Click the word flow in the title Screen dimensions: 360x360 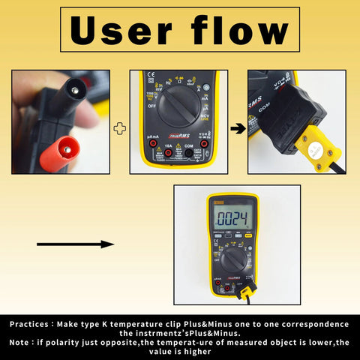point(237,31)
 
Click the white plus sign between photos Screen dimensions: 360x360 point(118,128)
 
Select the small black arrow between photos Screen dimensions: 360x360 point(236,128)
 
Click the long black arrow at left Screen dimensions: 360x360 point(75,244)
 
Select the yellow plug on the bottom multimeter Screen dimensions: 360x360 point(244,293)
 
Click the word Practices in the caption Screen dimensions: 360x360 point(33,324)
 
